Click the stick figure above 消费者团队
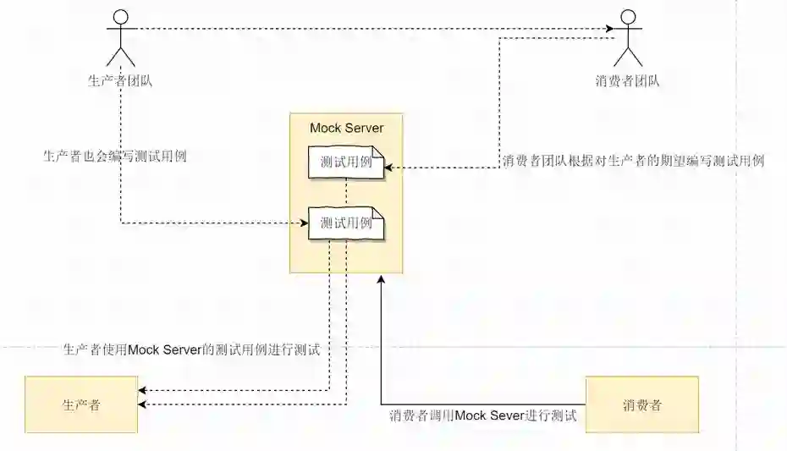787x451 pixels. pyautogui.click(x=627, y=37)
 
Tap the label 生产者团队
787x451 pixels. pyautogui.click(x=120, y=81)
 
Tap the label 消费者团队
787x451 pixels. pyautogui.click(x=627, y=81)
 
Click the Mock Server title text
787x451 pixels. pyautogui.click(x=346, y=129)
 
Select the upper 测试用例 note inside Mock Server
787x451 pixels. pyautogui.click(x=346, y=162)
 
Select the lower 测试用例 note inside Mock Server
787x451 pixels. pyautogui.click(x=346, y=224)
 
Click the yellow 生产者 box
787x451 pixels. pyautogui.click(x=81, y=404)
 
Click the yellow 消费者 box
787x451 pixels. pyautogui.click(x=641, y=404)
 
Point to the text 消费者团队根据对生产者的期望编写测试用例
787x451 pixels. pyautogui.click(x=633, y=161)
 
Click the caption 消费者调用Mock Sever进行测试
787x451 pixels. pyautogui.click(x=482, y=415)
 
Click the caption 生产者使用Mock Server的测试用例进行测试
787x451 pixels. pyautogui.click(x=191, y=349)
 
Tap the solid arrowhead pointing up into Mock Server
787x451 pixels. pyautogui.click(x=381, y=279)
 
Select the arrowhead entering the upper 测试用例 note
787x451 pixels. pyautogui.click(x=390, y=168)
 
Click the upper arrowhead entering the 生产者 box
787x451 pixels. pyautogui.click(x=142, y=390)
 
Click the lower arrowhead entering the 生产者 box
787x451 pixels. pyautogui.click(x=142, y=404)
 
